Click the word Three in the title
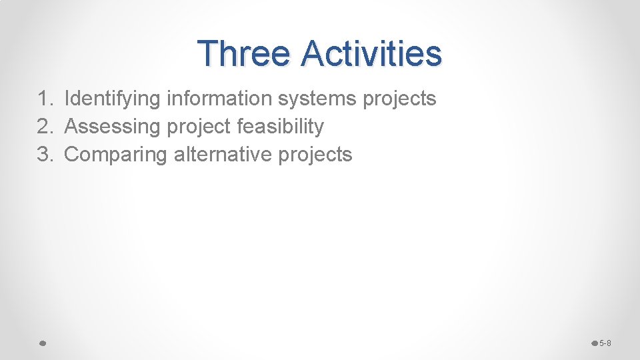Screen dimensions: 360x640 pyautogui.click(x=244, y=53)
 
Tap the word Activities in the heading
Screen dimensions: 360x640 pyautogui.click(x=371, y=53)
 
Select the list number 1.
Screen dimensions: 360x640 pyautogui.click(x=44, y=99)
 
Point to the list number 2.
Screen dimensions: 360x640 pyautogui.click(x=44, y=127)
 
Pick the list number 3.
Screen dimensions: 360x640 pyautogui.click(x=44, y=155)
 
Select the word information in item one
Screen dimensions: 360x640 pyautogui.click(x=219, y=99)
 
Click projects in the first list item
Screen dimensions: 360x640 pyautogui.click(x=399, y=99)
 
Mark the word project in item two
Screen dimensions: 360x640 pyautogui.click(x=198, y=127)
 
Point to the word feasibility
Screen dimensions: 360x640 pyautogui.click(x=281, y=127)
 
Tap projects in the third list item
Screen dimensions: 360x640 pyautogui.click(x=315, y=155)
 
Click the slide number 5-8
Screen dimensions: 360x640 pyautogui.click(x=605, y=343)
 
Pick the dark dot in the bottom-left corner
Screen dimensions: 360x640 pyautogui.click(x=41, y=343)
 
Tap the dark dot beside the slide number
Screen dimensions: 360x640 pyautogui.click(x=595, y=343)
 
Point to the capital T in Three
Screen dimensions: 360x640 pyautogui.click(x=209, y=53)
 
